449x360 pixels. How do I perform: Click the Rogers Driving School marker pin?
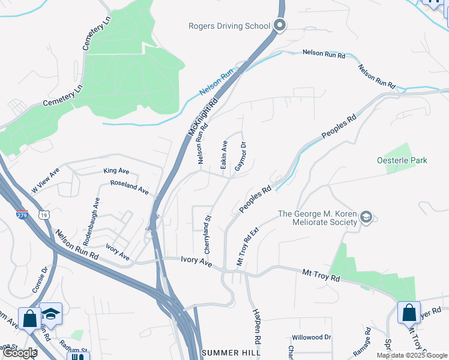(279, 25)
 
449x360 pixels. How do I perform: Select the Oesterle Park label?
(402, 160)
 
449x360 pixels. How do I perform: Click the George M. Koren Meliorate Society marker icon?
(367, 217)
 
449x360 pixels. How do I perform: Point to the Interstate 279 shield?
(22, 214)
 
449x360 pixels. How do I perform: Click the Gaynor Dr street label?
(240, 156)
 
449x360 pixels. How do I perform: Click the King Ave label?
(116, 171)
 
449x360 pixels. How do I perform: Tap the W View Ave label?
(46, 182)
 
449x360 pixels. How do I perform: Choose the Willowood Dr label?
(311, 337)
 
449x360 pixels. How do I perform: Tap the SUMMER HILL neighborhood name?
(231, 353)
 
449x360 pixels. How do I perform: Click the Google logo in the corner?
(19, 353)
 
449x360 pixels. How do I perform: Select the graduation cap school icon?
(52, 314)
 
